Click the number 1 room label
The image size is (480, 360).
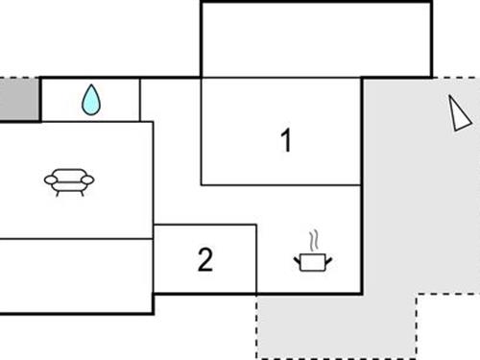point(284,140)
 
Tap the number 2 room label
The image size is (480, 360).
point(204,259)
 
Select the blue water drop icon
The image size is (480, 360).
point(90,99)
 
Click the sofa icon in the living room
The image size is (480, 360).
point(70,180)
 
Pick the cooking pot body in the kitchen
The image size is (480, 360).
point(309,261)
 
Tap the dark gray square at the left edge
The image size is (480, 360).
point(18,99)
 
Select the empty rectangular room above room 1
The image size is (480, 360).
point(315,39)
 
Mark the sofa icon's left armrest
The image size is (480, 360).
point(50,179)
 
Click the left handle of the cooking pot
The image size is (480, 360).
point(296,257)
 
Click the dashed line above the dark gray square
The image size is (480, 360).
point(18,78)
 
